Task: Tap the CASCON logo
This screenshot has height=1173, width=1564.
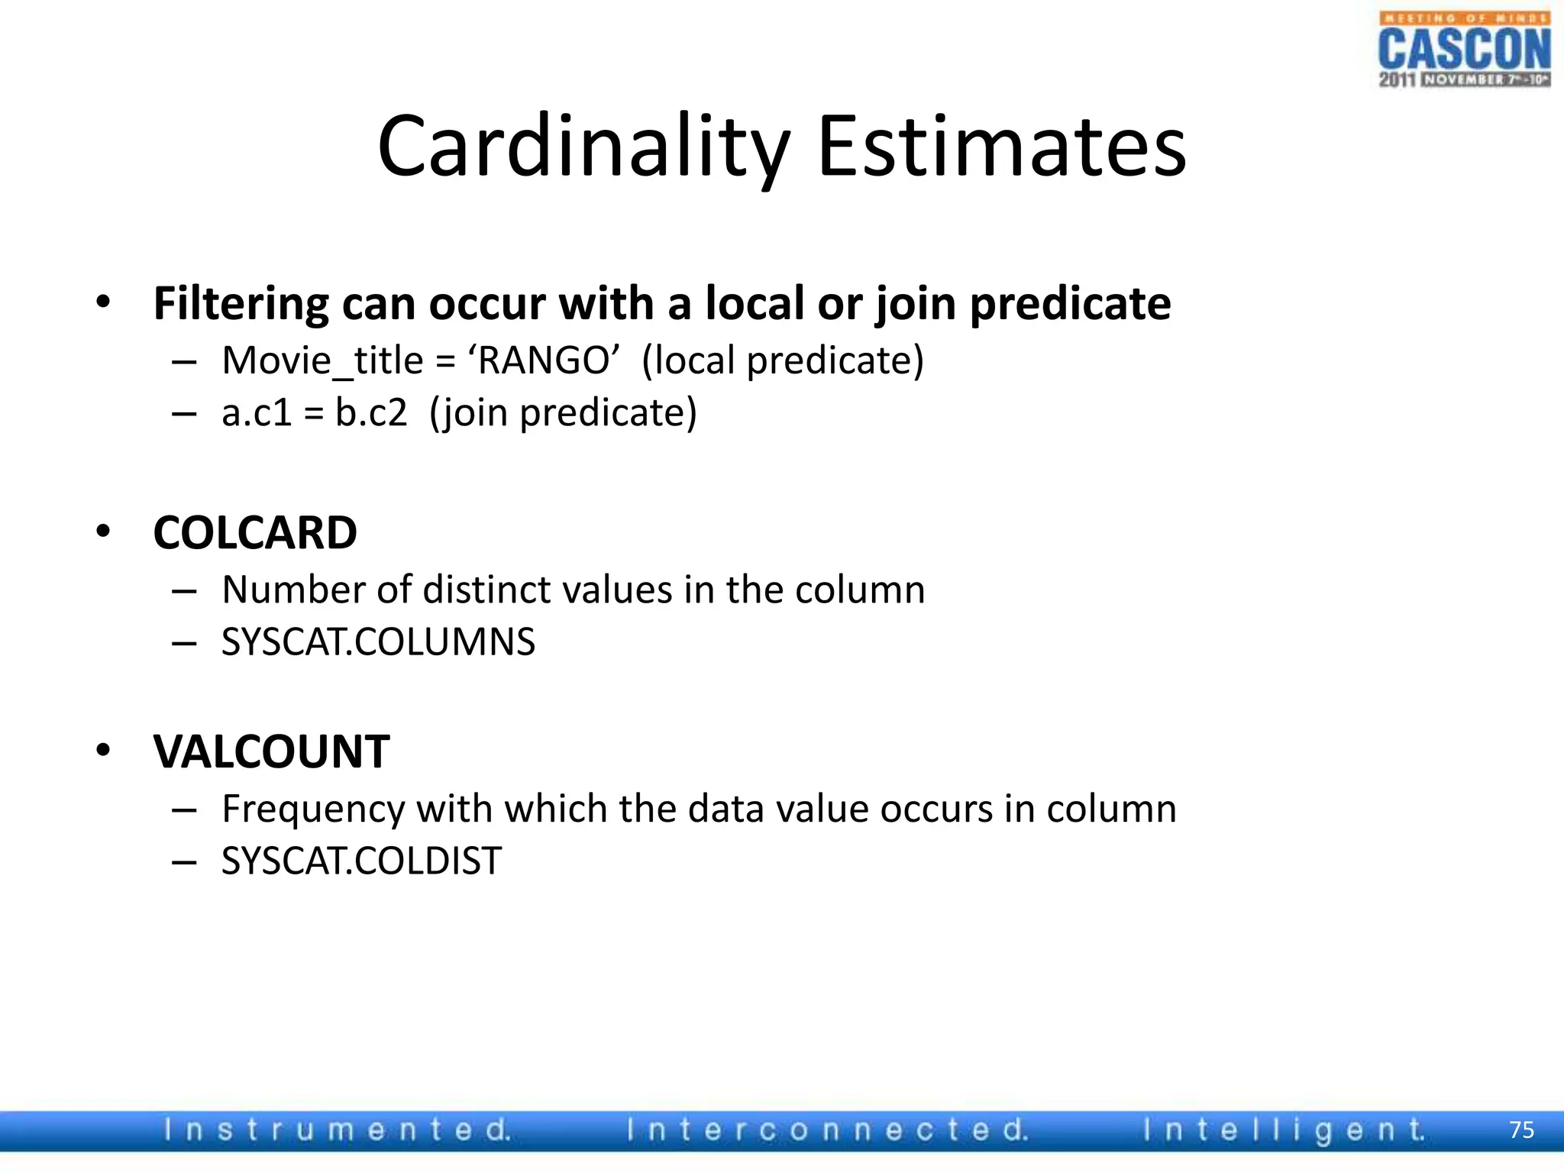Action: (x=1464, y=50)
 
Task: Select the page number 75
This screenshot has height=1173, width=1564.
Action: (x=1521, y=1130)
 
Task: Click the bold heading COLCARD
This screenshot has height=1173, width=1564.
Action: (x=255, y=532)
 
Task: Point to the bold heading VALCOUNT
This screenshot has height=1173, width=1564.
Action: (x=271, y=751)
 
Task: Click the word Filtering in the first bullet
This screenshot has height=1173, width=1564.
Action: (x=241, y=304)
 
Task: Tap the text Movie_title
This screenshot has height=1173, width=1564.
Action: (x=322, y=360)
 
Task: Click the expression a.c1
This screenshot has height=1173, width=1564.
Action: (x=257, y=413)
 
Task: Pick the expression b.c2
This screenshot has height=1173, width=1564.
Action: (x=371, y=413)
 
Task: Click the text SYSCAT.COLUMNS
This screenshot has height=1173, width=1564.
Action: (x=378, y=641)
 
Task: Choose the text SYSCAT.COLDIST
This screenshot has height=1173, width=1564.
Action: (x=361, y=861)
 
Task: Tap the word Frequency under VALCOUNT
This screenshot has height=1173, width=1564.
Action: (x=313, y=809)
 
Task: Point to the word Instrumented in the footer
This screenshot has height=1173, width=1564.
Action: (x=337, y=1130)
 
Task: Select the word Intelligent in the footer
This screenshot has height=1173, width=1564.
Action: (x=1283, y=1130)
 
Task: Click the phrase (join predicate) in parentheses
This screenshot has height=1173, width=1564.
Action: (x=563, y=413)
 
